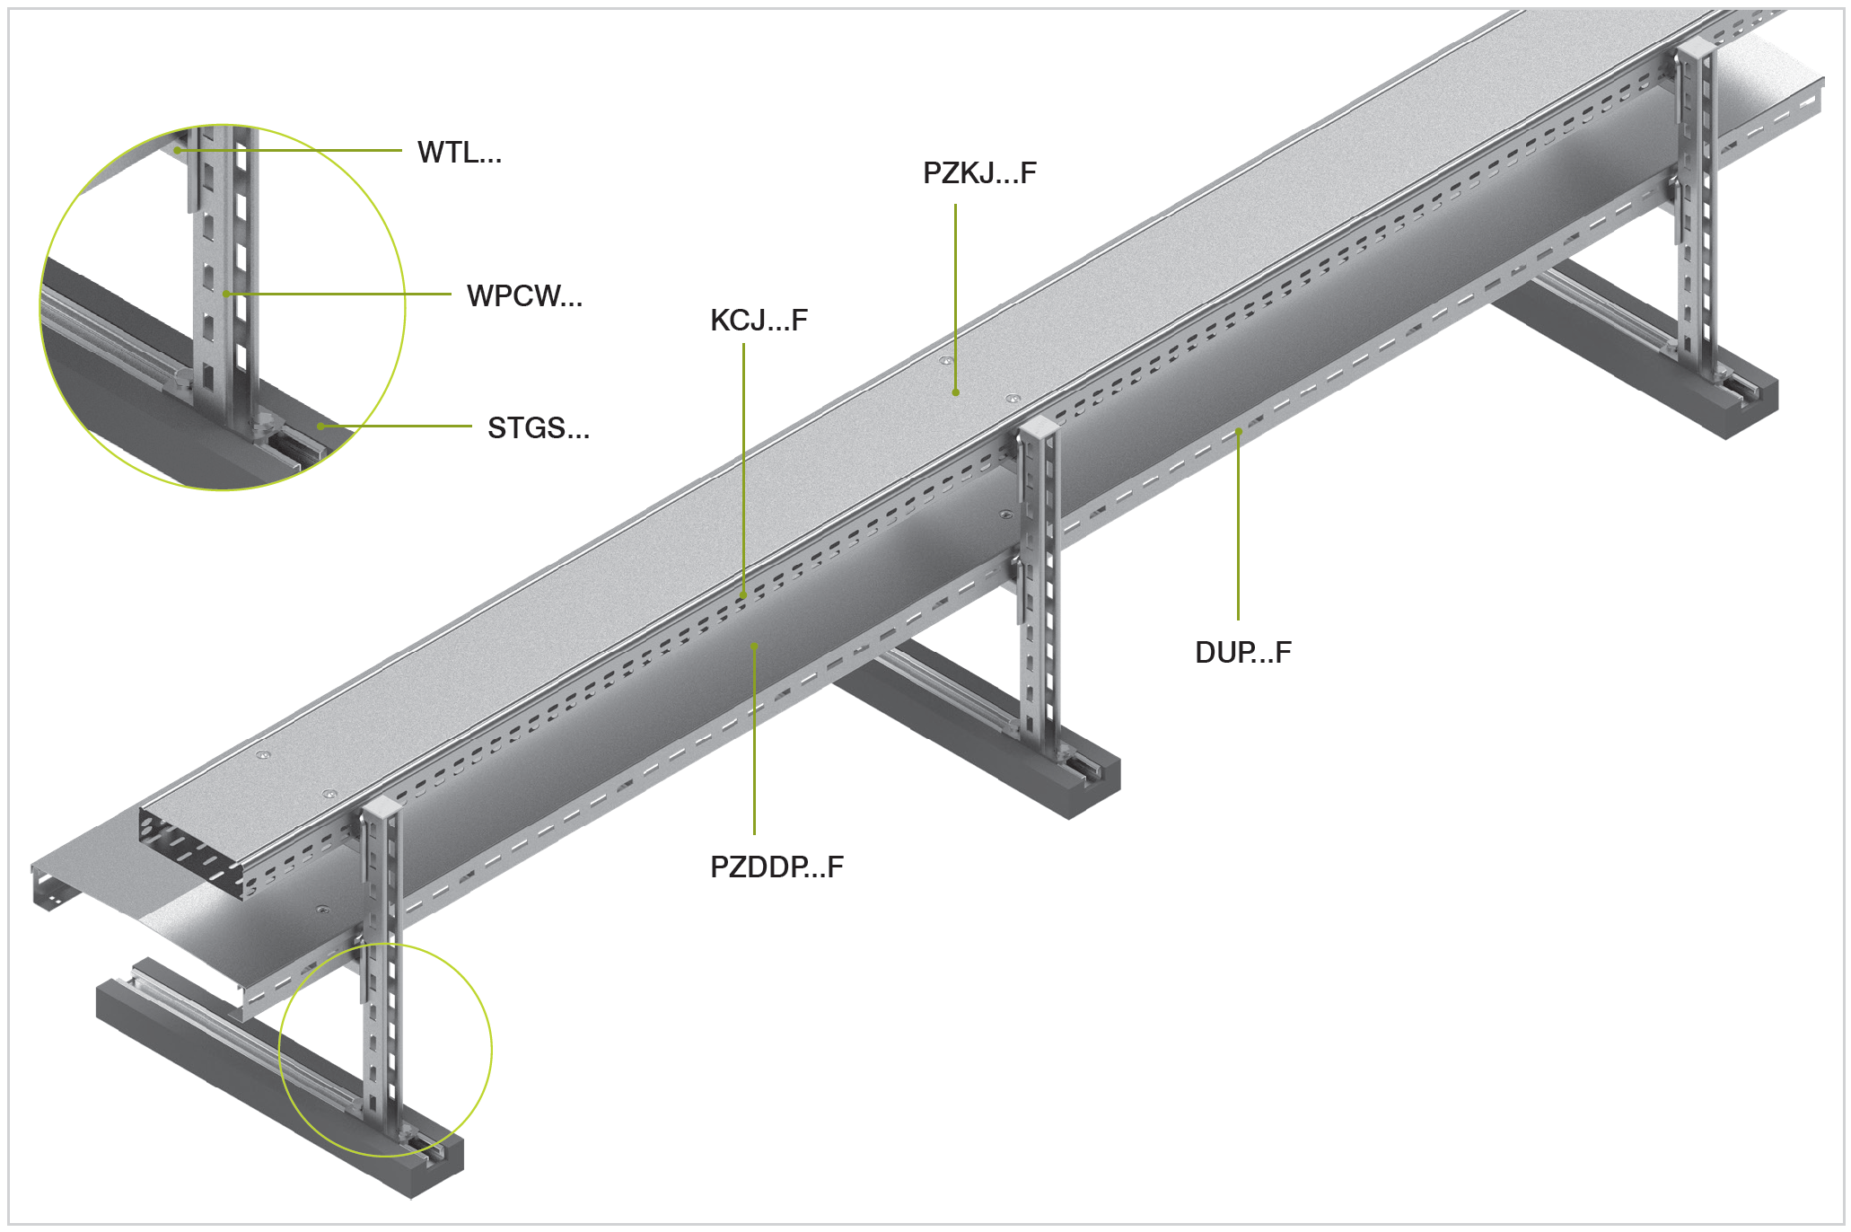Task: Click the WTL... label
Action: coord(459,153)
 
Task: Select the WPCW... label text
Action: coord(524,295)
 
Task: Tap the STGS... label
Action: coord(539,427)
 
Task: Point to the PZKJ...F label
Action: coord(979,172)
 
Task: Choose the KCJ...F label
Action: coord(759,320)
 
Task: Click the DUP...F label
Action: coord(1243,652)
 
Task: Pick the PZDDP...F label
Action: coord(776,867)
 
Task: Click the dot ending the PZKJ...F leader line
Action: coord(956,392)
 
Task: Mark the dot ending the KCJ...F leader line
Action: coord(743,594)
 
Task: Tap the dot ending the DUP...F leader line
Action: coord(1238,432)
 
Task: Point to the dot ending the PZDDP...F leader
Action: coord(754,645)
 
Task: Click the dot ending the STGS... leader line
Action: coord(320,426)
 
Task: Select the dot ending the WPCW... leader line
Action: coord(225,294)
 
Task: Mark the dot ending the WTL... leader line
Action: coord(178,150)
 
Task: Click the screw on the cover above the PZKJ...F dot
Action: coord(944,361)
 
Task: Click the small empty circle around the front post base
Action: coord(385,1050)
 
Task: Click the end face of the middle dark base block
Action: coord(1094,789)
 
